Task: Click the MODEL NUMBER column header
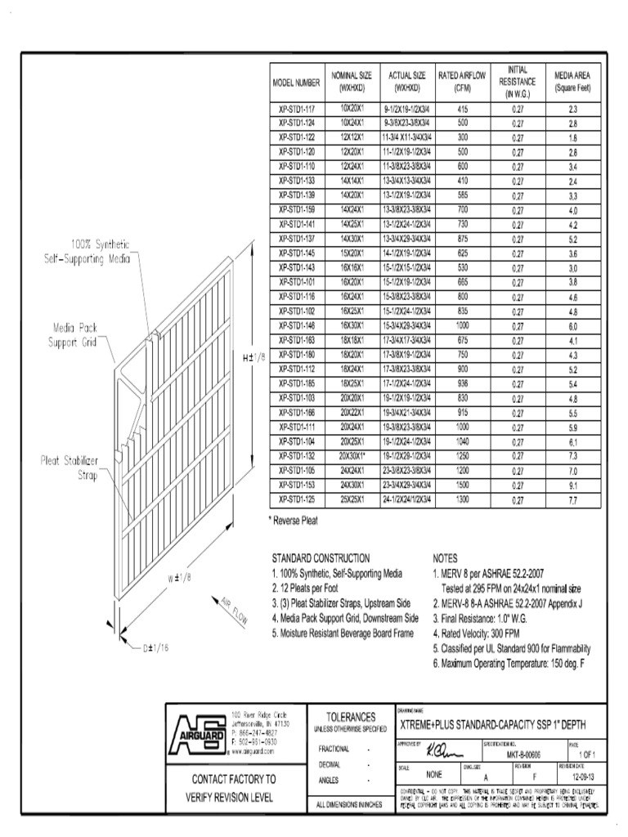click(x=296, y=83)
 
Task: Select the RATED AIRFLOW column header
click(x=462, y=82)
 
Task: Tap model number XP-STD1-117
click(x=296, y=109)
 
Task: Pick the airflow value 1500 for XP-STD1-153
click(x=462, y=485)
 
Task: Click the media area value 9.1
click(x=572, y=485)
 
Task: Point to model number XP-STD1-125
click(x=296, y=499)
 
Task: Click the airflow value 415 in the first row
click(x=462, y=109)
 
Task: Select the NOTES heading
click(x=446, y=557)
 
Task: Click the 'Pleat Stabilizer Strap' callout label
click(x=70, y=468)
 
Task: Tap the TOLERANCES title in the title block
click(x=351, y=716)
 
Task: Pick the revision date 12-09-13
click(x=581, y=777)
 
